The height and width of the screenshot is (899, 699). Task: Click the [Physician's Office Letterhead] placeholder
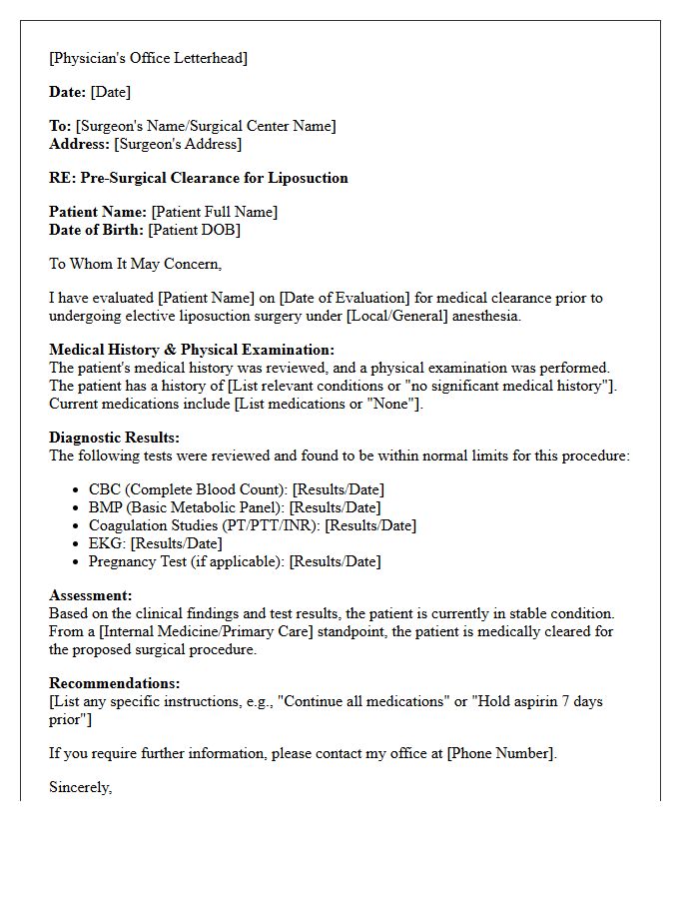(148, 58)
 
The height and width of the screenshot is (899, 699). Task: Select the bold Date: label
(68, 92)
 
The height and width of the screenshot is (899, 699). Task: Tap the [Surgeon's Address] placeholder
(178, 144)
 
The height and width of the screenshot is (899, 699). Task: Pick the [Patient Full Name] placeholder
(214, 212)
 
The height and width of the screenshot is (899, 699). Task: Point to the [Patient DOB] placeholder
(194, 230)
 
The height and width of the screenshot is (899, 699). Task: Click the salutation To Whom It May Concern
(135, 264)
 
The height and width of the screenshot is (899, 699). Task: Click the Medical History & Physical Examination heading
(192, 350)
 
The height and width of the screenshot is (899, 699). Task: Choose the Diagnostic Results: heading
(114, 438)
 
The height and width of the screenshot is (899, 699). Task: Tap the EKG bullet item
(155, 543)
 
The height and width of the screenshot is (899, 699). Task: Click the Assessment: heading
(90, 595)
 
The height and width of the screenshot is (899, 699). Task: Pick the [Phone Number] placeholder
(500, 753)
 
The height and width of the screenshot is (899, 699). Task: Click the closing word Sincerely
(80, 787)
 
